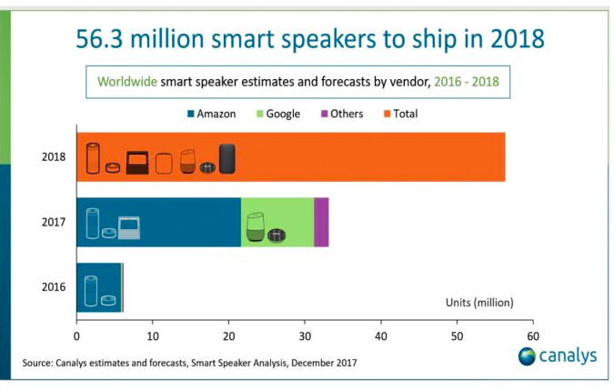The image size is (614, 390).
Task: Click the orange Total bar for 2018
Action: click(364, 156)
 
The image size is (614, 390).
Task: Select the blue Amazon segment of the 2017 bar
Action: click(173, 222)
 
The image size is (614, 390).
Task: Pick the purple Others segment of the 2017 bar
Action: click(321, 222)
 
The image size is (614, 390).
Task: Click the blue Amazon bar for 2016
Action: click(98, 287)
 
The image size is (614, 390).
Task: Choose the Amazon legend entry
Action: click(210, 114)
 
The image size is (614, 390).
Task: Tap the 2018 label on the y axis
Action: click(53, 156)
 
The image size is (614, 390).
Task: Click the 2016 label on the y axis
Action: click(53, 287)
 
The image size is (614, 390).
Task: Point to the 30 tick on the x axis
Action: click(304, 323)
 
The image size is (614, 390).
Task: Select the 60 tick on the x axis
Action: click(531, 323)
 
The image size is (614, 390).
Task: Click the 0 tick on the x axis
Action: click(76, 323)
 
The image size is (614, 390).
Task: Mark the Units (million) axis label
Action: click(479, 301)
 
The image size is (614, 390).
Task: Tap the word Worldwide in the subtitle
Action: click(127, 82)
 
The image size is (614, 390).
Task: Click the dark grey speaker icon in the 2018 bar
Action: click(226, 158)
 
